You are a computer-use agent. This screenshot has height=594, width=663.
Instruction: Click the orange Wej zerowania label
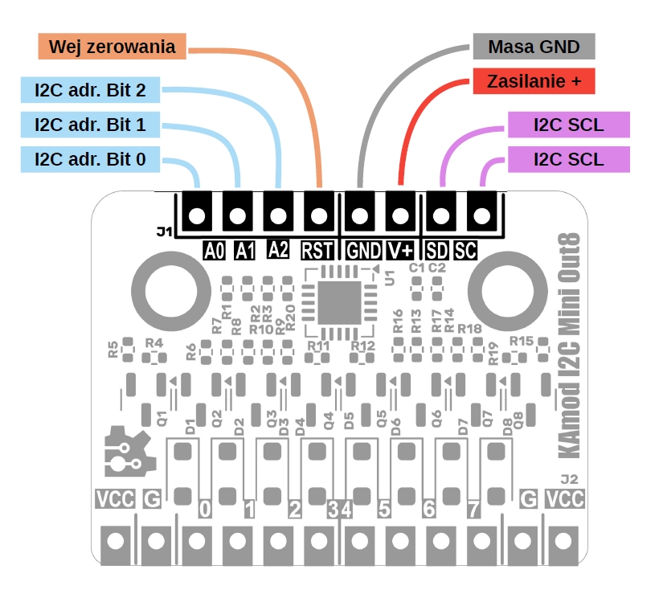[112, 47]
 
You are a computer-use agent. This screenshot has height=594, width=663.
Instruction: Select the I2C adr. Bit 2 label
[90, 90]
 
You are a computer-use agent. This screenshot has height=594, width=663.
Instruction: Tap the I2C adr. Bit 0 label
[90, 160]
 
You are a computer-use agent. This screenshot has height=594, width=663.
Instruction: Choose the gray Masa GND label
[533, 47]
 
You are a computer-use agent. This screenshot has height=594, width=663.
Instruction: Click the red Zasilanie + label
[533, 80]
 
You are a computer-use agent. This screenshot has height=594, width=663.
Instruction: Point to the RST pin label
[318, 251]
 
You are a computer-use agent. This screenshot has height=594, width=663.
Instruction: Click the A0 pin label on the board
[214, 251]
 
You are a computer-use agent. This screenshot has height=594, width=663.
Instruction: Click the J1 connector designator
[165, 232]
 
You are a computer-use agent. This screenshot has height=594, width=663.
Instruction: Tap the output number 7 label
[473, 509]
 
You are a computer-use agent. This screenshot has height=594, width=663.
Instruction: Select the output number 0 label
[204, 509]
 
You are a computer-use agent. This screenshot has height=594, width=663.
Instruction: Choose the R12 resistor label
[362, 346]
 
